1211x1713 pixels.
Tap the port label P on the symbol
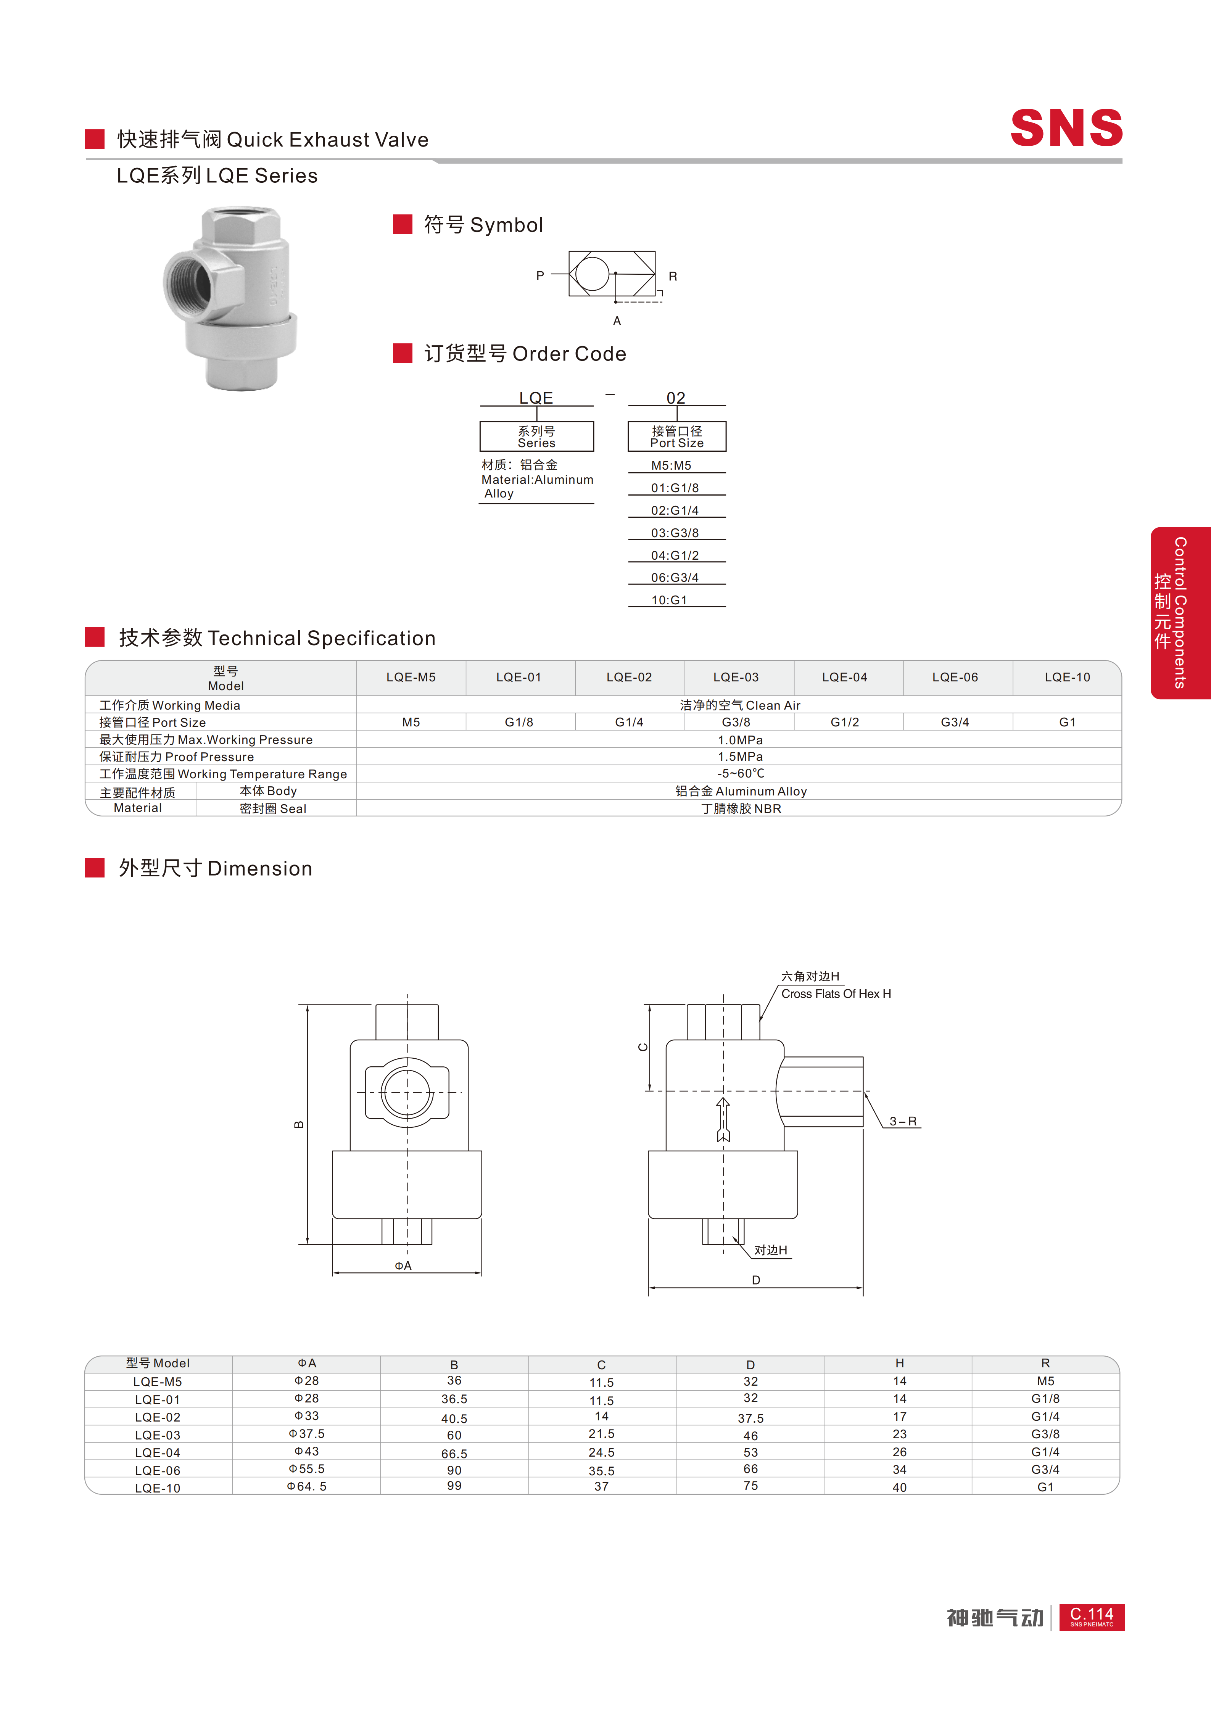[540, 275]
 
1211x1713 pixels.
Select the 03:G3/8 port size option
[675, 533]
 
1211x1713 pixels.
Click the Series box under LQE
[536, 436]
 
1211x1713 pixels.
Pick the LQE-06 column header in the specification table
[955, 678]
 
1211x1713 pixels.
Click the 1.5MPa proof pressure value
[740, 757]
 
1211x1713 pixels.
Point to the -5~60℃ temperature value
[740, 774]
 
